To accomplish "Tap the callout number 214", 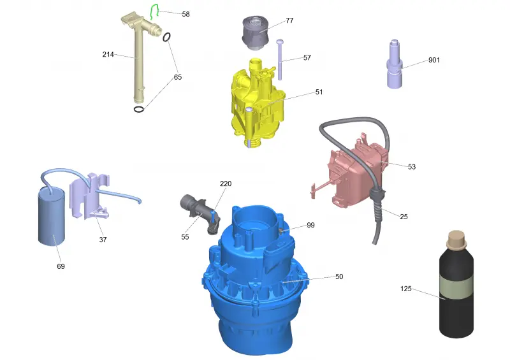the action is click(108, 54).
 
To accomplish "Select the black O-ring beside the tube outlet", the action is click(166, 37).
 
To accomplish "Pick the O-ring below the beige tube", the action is click(139, 109).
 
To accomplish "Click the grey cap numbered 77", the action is click(255, 32).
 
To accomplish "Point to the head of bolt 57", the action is click(280, 42).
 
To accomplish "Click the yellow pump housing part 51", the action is click(257, 103).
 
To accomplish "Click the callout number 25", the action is click(404, 217).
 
